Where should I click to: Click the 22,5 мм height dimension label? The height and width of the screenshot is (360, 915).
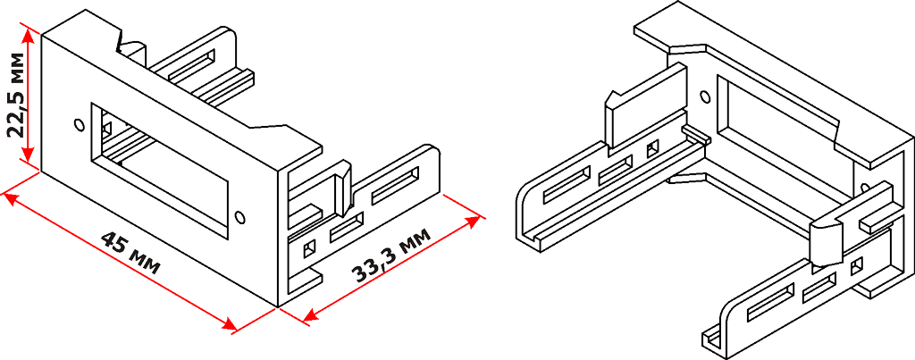click(18, 95)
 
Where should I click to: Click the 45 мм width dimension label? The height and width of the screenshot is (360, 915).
click(130, 253)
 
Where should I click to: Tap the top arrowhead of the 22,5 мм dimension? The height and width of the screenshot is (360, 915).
click(27, 35)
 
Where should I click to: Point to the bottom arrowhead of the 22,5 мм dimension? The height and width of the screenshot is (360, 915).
click(27, 155)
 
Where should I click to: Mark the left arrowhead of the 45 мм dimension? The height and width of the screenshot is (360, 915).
click(13, 200)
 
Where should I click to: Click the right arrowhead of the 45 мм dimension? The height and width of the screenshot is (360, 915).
click(227, 324)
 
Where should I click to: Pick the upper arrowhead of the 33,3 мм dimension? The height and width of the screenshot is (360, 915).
click(472, 222)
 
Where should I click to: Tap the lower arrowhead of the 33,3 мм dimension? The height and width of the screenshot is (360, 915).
click(312, 315)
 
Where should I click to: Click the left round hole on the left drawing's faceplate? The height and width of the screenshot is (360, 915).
click(80, 125)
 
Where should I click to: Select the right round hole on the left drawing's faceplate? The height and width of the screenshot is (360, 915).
click(239, 216)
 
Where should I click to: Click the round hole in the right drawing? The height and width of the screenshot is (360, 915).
click(705, 96)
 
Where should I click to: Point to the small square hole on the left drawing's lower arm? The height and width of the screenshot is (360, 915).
click(308, 250)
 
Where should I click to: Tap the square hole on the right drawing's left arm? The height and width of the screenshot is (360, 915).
click(652, 149)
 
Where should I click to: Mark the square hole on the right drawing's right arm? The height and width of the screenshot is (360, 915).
click(856, 266)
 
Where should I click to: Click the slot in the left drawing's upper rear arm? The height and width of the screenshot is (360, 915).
click(191, 65)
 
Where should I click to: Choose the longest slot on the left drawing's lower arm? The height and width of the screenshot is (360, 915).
click(395, 186)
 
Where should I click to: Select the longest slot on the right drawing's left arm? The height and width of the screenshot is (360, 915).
click(567, 186)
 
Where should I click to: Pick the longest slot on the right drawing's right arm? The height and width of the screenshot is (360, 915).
click(771, 304)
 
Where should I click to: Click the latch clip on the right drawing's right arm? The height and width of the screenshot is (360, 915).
click(826, 239)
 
